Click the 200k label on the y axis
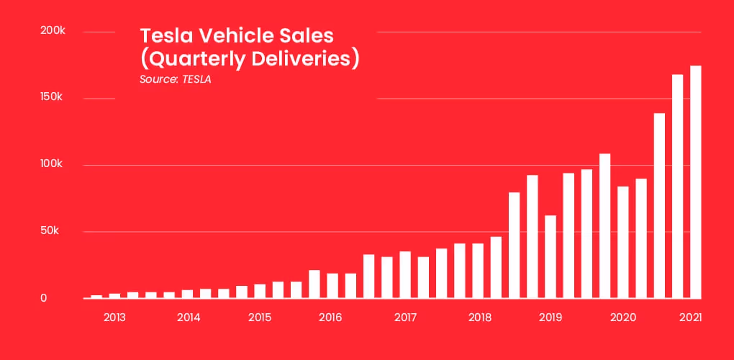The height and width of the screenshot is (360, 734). pos(53,32)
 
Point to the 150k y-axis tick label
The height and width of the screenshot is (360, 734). pos(53,98)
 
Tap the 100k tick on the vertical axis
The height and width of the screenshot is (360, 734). pos(53,165)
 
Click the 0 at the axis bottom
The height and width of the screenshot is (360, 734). pos(43,298)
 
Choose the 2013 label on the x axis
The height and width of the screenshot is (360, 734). pos(115,318)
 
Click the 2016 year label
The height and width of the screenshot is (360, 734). pos(330,318)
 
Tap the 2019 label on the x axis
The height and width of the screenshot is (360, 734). pos(550,318)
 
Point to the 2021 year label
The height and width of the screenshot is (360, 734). pos(692,318)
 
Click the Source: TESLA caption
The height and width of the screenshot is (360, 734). pos(175,79)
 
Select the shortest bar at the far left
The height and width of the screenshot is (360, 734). pos(96,296)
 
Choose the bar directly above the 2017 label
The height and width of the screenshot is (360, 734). pos(405,274)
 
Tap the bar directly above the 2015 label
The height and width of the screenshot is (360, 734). pos(260,291)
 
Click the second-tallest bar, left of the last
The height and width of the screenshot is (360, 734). pos(677,186)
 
